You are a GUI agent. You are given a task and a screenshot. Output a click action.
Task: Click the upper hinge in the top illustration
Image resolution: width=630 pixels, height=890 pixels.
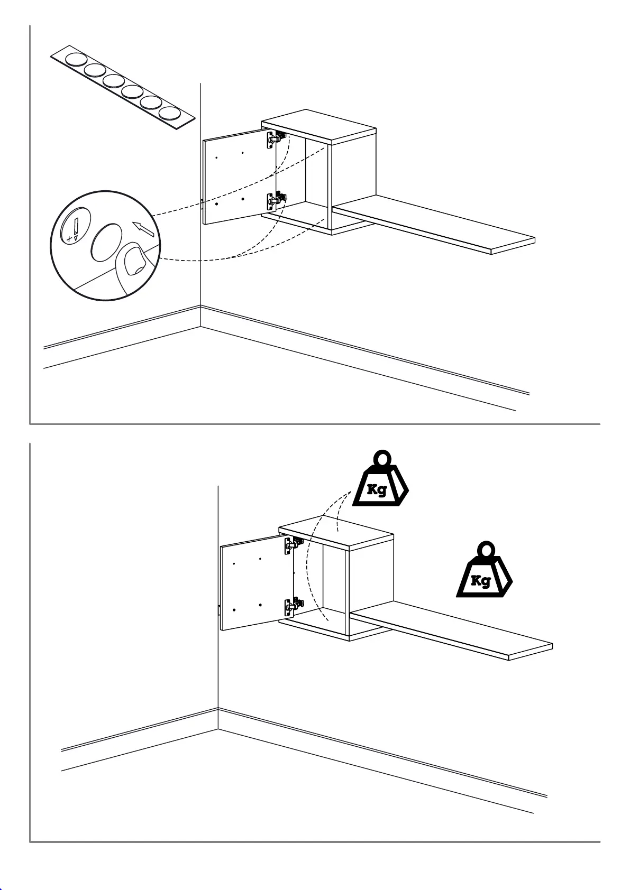coord(276,139)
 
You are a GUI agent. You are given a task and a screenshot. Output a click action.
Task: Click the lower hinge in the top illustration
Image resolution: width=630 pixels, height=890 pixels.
coord(276,200)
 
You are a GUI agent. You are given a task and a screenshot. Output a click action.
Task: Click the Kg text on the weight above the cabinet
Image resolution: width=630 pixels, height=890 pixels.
coord(377,489)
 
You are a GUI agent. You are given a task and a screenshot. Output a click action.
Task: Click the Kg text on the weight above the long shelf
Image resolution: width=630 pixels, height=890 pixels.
coord(480,581)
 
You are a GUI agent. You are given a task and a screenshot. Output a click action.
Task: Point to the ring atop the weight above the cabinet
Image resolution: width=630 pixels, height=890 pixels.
coord(382,457)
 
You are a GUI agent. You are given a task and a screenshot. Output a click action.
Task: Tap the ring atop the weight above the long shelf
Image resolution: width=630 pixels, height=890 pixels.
coord(485,549)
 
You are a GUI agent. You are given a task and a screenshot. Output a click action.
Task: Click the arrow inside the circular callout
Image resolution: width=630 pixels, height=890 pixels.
coord(144,229)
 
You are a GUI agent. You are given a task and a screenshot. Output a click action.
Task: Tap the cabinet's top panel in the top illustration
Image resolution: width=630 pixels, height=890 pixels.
coord(319,126)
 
